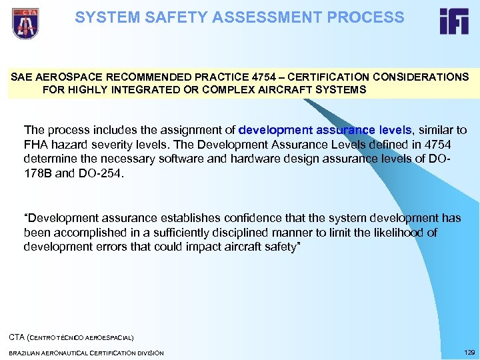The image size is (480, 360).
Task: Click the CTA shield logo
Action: [25, 23]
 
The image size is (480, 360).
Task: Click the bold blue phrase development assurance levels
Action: [325, 129]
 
